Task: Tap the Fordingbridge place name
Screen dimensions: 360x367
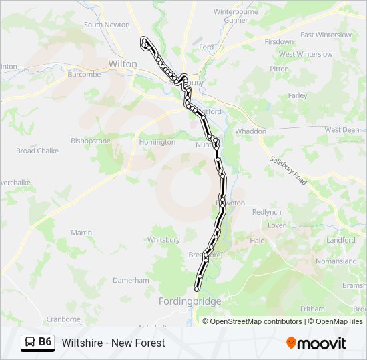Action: tap(190, 301)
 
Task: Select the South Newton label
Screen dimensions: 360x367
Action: tap(107, 25)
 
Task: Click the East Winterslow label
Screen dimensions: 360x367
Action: tap(326, 35)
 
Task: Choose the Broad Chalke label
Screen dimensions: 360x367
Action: tap(37, 151)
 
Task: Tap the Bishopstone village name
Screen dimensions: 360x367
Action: tap(91, 141)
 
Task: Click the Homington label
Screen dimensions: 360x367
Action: tap(157, 142)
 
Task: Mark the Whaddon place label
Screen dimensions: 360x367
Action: tap(250, 131)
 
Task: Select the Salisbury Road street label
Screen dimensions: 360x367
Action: tap(288, 170)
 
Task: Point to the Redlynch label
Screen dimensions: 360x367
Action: tap(267, 212)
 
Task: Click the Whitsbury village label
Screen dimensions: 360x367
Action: tap(163, 240)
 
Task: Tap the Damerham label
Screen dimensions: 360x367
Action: tap(131, 281)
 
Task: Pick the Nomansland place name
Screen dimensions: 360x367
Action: tap(336, 261)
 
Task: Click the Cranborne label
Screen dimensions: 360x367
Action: tap(63, 319)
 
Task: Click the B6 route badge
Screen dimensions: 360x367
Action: tap(45, 342)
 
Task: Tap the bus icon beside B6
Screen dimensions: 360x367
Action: tap(30, 343)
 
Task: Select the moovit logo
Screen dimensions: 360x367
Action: tap(316, 343)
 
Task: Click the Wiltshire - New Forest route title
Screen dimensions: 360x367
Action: tap(113, 343)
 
